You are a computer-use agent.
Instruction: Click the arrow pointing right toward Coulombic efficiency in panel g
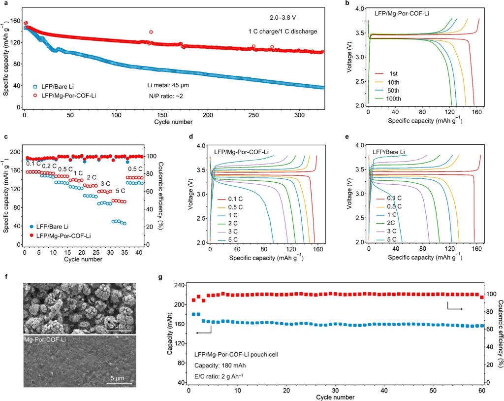455,308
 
